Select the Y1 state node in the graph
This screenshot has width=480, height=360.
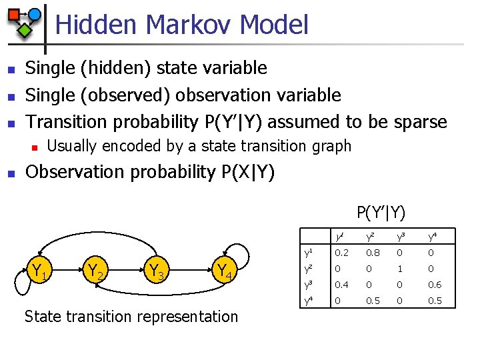pyautogui.click(x=38, y=271)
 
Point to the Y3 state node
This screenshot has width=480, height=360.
pyautogui.click(x=157, y=271)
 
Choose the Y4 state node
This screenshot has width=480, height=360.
pyautogui.click(x=224, y=271)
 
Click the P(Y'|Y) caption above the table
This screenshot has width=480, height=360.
pyautogui.click(x=381, y=213)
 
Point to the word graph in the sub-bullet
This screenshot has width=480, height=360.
pyautogui.click(x=331, y=146)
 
